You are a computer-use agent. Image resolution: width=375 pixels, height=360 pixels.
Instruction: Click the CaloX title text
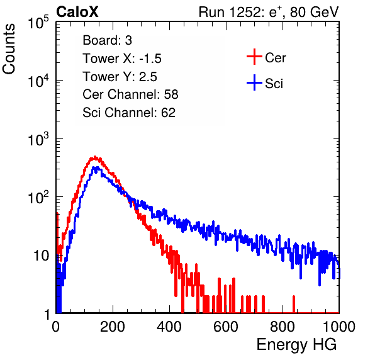click(77, 12)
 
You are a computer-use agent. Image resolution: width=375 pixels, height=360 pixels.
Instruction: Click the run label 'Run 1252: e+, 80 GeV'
click(269, 12)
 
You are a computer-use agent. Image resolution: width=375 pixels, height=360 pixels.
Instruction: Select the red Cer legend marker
click(254, 57)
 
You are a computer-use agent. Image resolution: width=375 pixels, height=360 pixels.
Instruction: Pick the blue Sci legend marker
click(254, 83)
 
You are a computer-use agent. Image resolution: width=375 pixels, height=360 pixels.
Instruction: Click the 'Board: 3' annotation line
click(107, 40)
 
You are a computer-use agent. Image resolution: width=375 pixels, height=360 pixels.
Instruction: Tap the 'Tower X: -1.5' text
click(122, 59)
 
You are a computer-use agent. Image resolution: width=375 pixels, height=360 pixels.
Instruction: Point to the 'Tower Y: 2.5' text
click(120, 77)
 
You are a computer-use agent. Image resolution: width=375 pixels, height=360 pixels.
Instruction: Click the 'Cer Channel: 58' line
click(130, 94)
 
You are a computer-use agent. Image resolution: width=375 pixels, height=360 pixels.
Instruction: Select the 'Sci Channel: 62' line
click(129, 113)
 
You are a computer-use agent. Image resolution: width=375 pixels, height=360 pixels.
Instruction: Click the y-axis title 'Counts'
click(9, 49)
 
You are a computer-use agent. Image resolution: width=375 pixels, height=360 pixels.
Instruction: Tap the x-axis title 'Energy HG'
click(296, 345)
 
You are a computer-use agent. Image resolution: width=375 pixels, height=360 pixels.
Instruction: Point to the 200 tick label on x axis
click(113, 327)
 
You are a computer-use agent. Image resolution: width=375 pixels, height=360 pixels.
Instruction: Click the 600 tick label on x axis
click(226, 327)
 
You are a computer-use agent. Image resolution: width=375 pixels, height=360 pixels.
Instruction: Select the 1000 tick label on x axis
click(339, 327)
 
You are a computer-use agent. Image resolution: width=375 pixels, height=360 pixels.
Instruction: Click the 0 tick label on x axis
click(56, 327)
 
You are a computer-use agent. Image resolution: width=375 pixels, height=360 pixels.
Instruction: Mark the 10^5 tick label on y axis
click(38, 22)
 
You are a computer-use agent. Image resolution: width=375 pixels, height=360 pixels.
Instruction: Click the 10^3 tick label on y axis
click(38, 138)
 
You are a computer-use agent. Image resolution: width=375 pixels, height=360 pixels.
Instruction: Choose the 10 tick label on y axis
click(41, 256)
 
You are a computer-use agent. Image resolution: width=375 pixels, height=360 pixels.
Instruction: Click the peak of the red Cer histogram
click(95, 157)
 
